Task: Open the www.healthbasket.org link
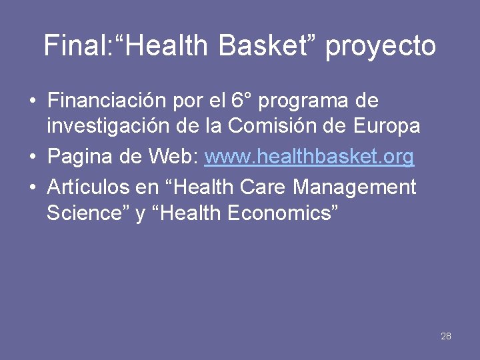tap(309, 157)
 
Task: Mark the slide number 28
tap(446, 336)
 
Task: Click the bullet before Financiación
tap(33, 102)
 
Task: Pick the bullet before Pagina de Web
tap(33, 158)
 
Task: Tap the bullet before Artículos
tap(33, 188)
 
